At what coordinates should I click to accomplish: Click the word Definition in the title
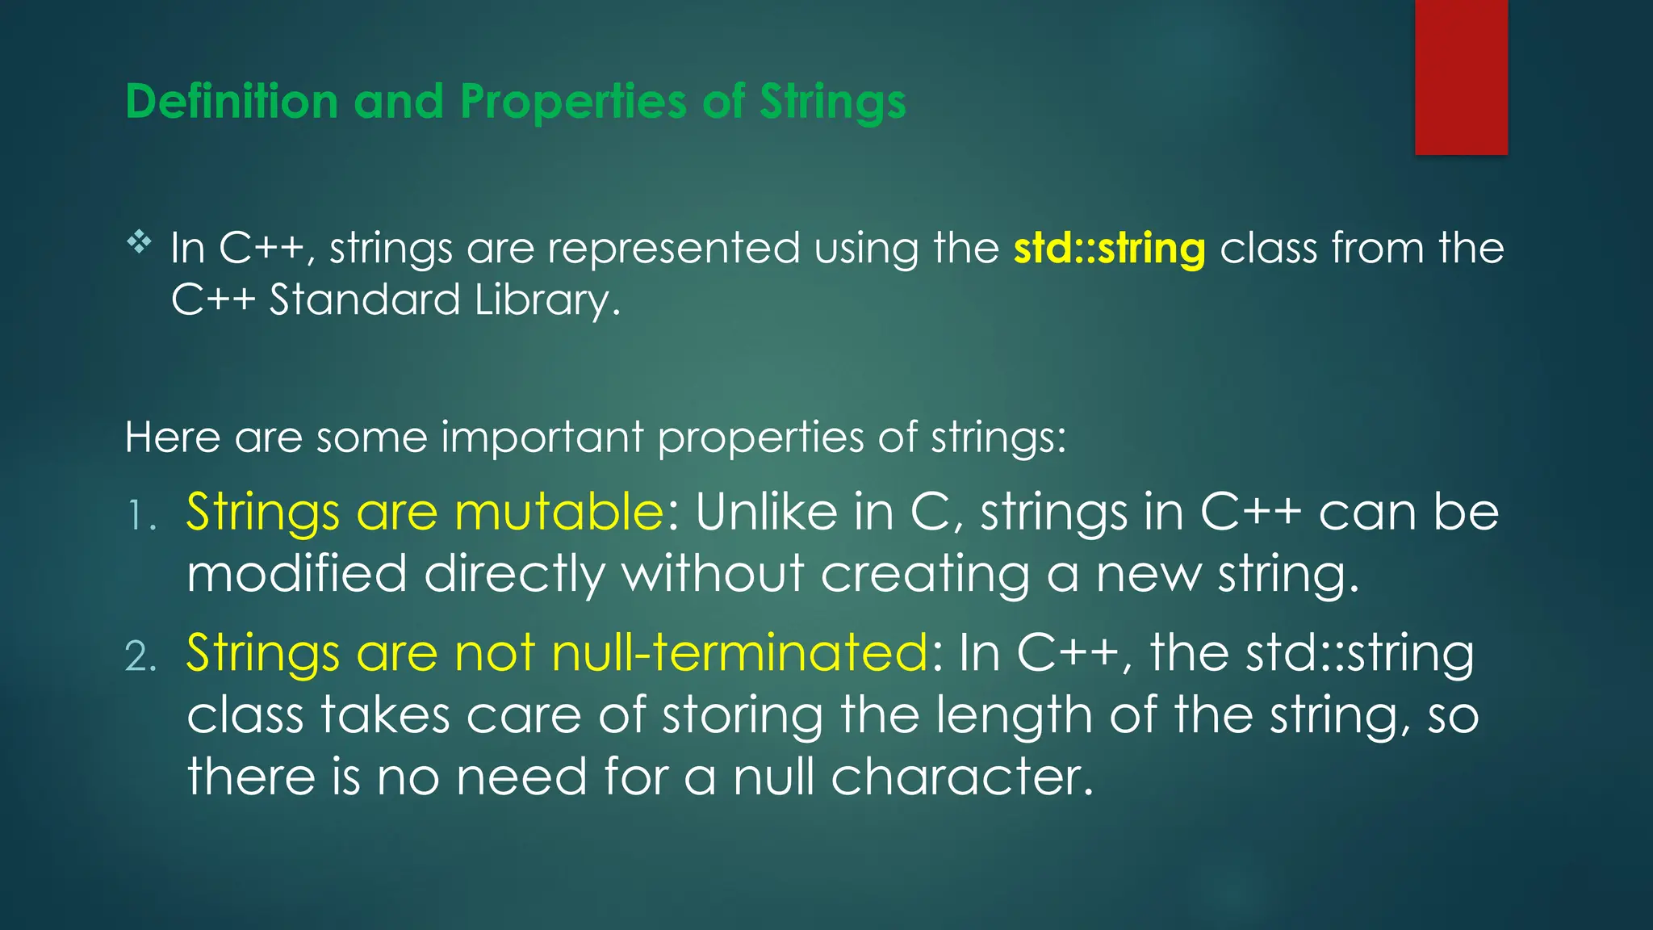coord(232,103)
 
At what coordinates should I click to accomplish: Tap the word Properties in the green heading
coord(574,103)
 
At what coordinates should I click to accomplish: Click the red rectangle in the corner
coord(1461,77)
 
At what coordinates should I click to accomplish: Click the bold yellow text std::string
coord(1109,248)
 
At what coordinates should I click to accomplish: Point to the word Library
coord(546,300)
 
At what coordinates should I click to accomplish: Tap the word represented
coord(673,248)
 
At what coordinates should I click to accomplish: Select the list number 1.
coord(141,516)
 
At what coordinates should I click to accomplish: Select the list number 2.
coord(141,656)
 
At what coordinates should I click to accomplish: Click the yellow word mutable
coord(559,512)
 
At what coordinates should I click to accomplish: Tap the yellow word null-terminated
coord(739,652)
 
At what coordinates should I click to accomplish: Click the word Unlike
coord(766,512)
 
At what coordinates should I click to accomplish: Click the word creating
coord(925,574)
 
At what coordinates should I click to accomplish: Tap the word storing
coord(742,715)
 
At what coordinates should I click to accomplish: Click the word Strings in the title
coord(832,103)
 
